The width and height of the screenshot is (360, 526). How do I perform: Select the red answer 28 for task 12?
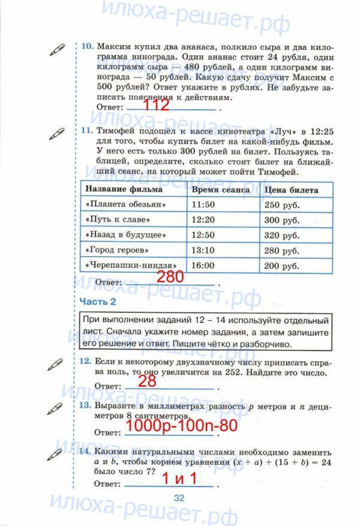[x=147, y=382]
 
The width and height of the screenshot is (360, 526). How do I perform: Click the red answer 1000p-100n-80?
[x=181, y=426]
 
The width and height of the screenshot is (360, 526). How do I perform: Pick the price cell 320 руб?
[x=282, y=235]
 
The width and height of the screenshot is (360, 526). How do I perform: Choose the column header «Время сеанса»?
[x=220, y=190]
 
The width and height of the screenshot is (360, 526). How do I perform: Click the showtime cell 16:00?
[x=203, y=265]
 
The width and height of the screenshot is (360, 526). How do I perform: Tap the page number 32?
[x=179, y=497]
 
